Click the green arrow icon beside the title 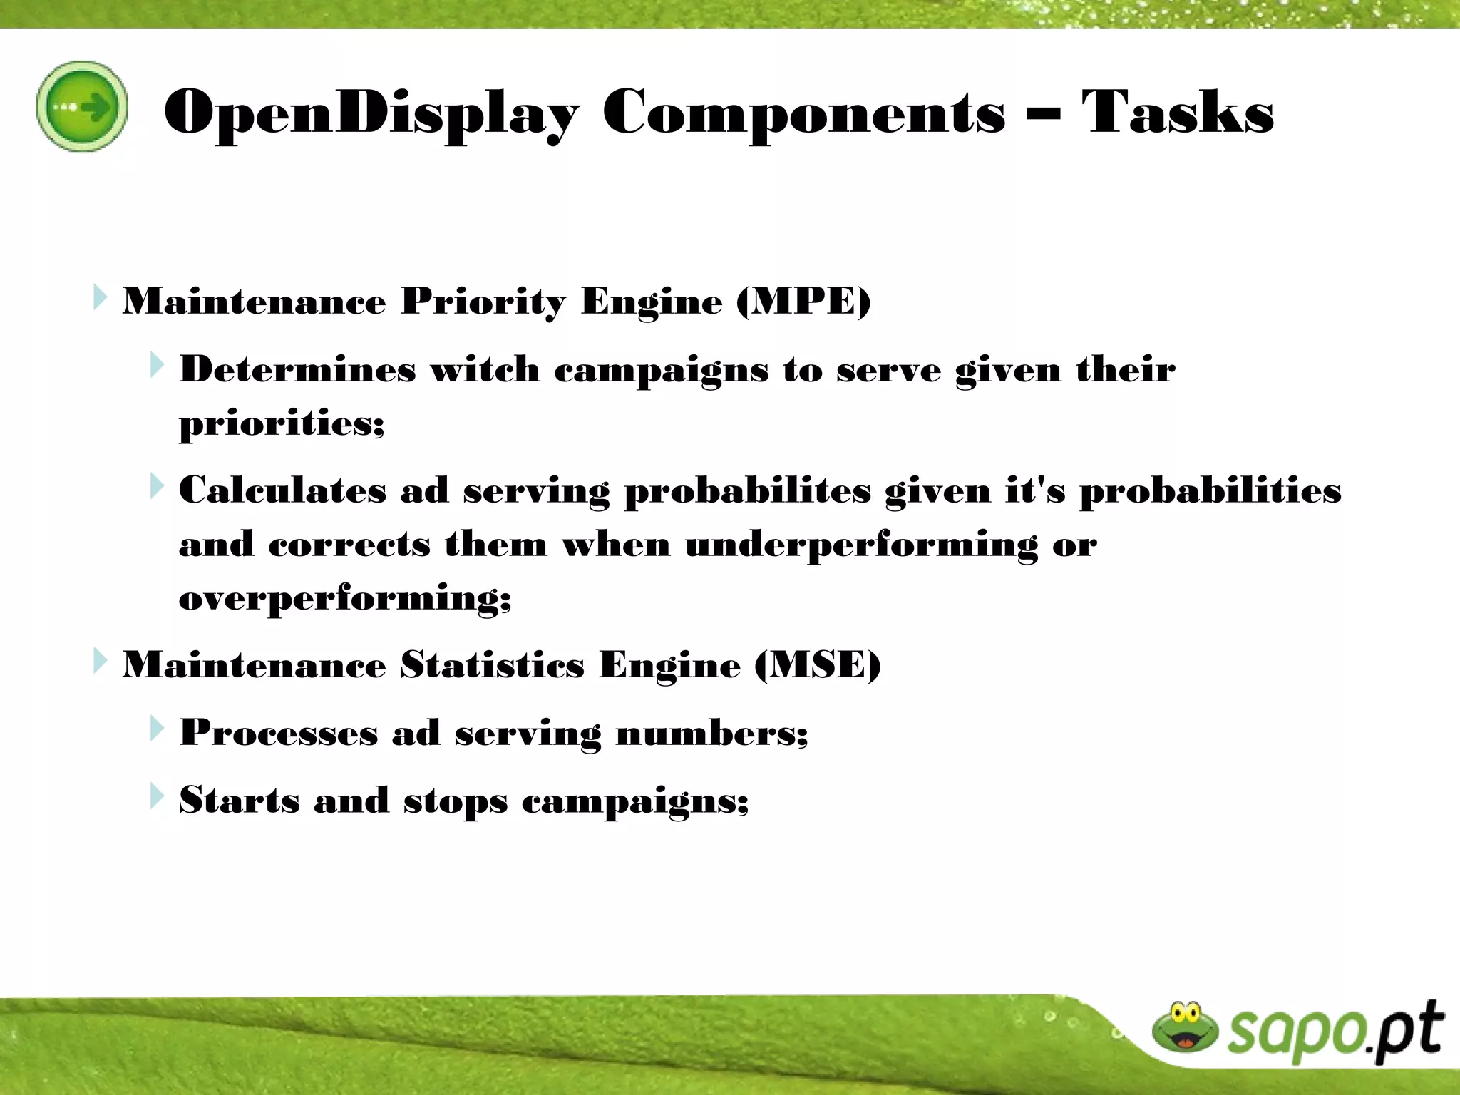(x=82, y=106)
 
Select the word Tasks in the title (x=1177, y=112)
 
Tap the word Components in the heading (x=803, y=112)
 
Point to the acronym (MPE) (x=803, y=301)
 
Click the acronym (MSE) (x=817, y=664)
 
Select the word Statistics (x=492, y=664)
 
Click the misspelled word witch (x=485, y=369)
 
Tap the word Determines (x=297, y=369)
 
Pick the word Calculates (x=282, y=490)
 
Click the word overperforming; (x=345, y=597)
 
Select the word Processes (x=278, y=733)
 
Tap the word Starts (x=239, y=800)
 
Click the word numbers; (x=711, y=733)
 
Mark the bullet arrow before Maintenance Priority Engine (x=100, y=297)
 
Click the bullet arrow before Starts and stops (x=157, y=796)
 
